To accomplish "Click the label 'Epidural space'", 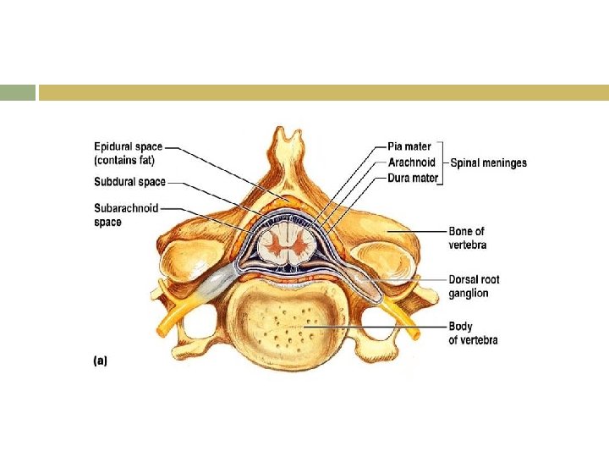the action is tap(128, 147).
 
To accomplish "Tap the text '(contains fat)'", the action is tap(124, 160).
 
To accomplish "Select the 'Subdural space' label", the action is tap(129, 181).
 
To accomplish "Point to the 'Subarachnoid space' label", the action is tap(125, 215).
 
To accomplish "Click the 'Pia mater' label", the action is tap(409, 147).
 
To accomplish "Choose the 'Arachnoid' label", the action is tap(411, 162).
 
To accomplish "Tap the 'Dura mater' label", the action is tap(413, 178).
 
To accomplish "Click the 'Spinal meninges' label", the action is tap(489, 162).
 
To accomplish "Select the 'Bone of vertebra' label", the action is tap(467, 238).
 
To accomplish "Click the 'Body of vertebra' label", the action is tap(473, 333).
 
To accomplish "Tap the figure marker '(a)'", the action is tap(100, 360).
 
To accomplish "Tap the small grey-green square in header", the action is tap(18, 92).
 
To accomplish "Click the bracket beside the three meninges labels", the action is tap(442, 162).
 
